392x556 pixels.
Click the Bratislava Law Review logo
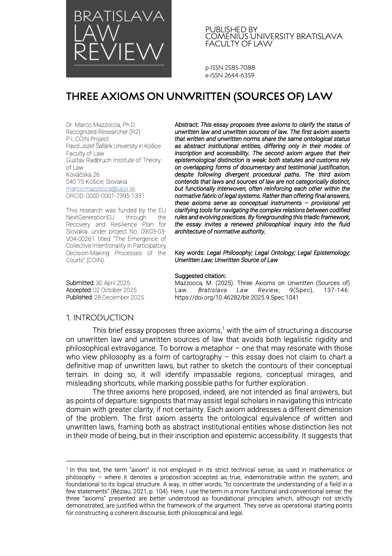[x=119, y=39]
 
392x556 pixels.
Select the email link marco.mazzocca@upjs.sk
[x=101, y=189]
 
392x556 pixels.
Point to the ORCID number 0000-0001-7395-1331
[x=115, y=196]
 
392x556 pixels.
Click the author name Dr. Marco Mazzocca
[x=101, y=125]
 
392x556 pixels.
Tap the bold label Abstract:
[x=187, y=125]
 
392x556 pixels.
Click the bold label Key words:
[x=190, y=253]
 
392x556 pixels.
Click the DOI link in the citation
[x=236, y=298]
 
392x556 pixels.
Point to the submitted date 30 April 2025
[x=113, y=283]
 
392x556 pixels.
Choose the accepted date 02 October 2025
[x=115, y=290]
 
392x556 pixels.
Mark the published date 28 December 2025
[x=119, y=298]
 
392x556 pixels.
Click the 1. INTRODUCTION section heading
[x=100, y=318]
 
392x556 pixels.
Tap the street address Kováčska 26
[x=83, y=175]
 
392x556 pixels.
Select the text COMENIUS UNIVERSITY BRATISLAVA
[x=274, y=36]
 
